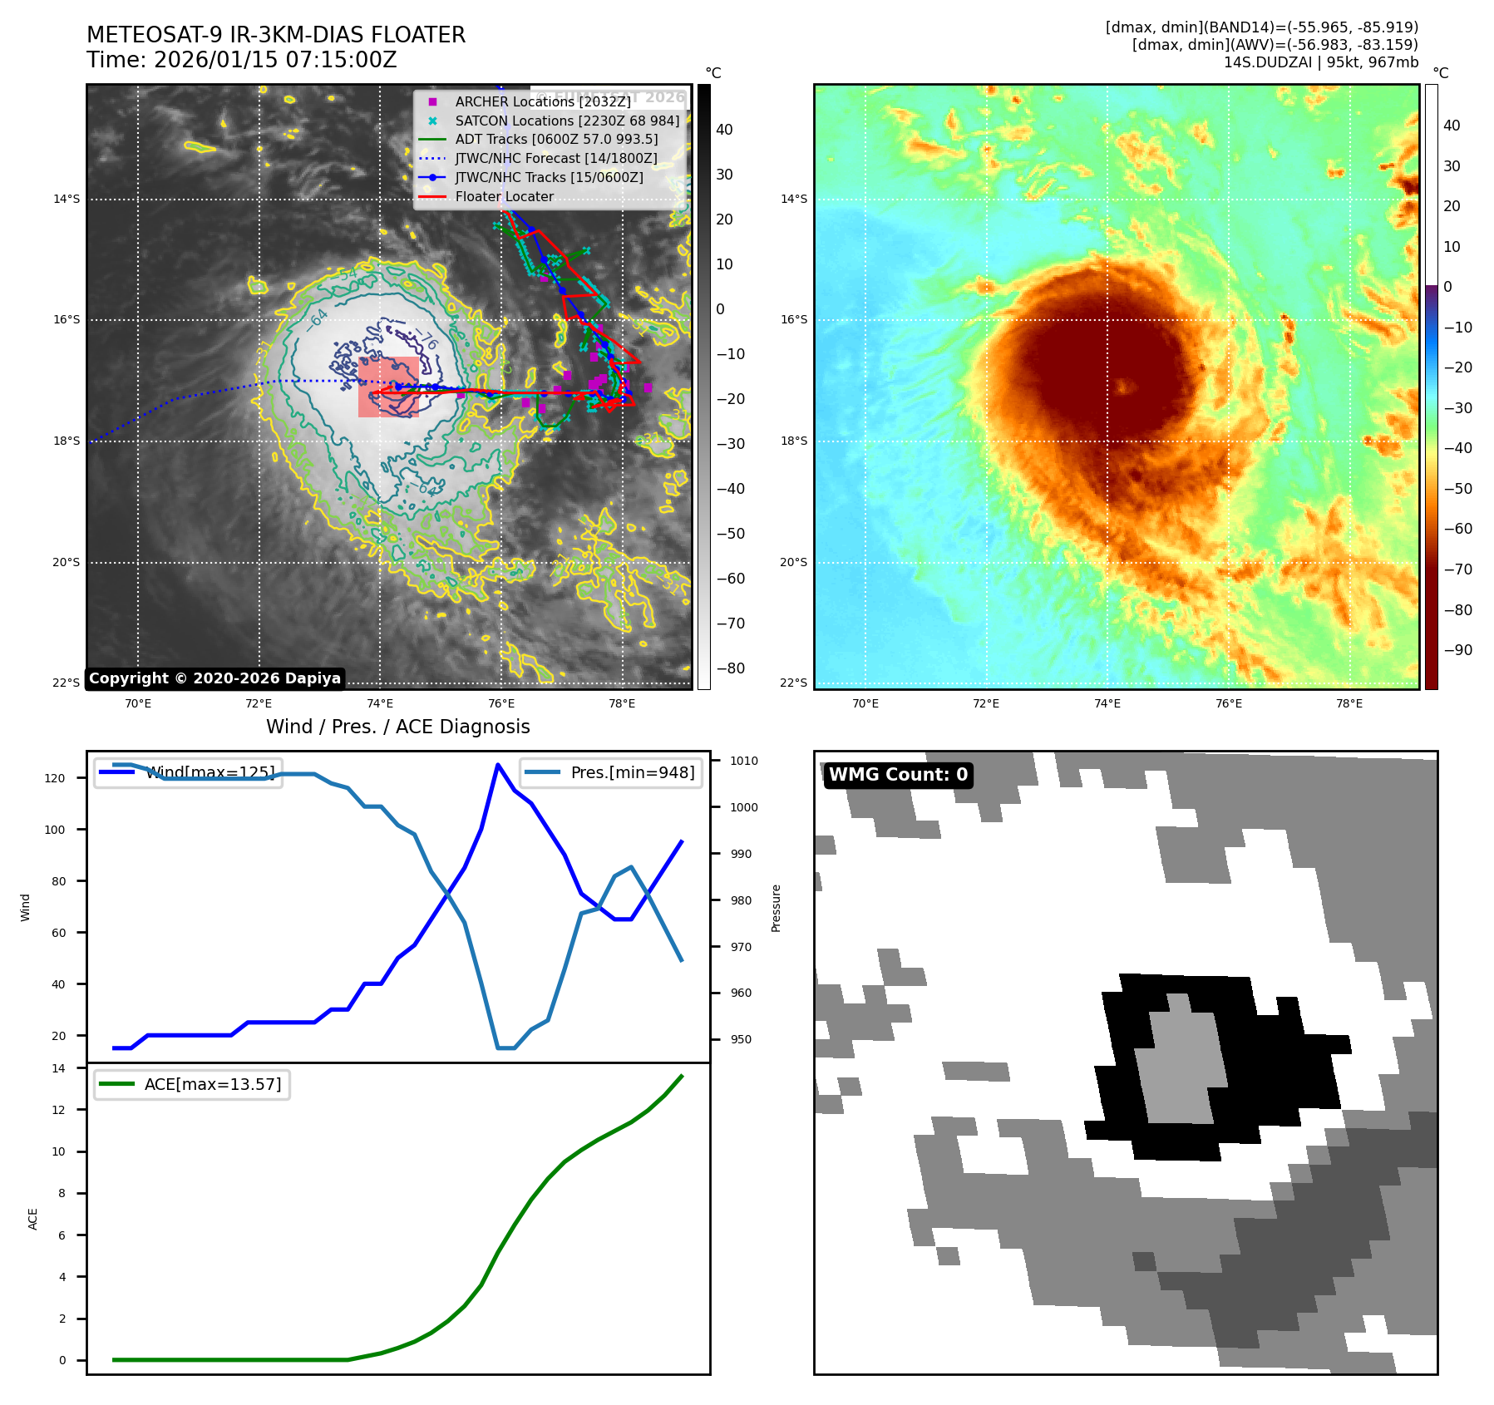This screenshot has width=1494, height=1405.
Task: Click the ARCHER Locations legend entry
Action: (x=542, y=101)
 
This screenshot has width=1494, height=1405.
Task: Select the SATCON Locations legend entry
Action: (x=567, y=121)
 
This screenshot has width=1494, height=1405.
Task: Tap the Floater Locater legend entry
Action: (x=504, y=196)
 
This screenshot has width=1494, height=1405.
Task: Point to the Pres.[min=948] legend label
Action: (x=632, y=772)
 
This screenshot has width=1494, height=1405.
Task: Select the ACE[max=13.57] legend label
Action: (x=213, y=1084)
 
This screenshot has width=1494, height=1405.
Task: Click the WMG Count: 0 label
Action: (x=898, y=775)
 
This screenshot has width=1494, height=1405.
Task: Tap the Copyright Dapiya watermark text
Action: (x=214, y=678)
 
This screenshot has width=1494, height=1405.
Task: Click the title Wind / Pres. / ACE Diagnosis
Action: (x=397, y=727)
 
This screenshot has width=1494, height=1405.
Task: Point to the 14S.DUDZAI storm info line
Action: (x=1320, y=62)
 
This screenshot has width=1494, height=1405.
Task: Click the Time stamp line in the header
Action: (x=241, y=60)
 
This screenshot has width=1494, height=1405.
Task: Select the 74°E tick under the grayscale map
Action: (x=380, y=703)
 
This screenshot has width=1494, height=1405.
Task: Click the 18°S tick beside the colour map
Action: (x=793, y=441)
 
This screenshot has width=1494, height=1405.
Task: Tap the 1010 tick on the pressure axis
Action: (x=743, y=761)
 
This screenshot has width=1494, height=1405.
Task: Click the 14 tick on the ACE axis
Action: (x=58, y=1068)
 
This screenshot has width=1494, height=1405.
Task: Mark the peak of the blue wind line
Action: (x=498, y=764)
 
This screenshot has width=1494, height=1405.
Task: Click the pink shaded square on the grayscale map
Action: (x=388, y=387)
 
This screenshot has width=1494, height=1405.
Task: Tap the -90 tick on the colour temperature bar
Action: (x=1457, y=650)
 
